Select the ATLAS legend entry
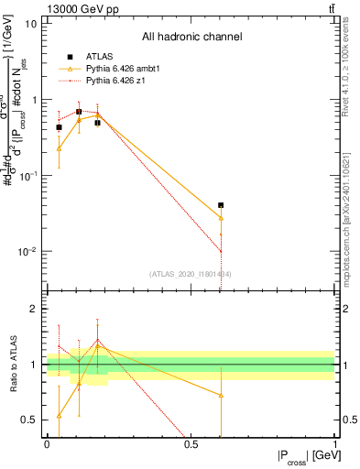click(x=89, y=57)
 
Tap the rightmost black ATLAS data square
click(x=221, y=205)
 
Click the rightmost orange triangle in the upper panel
click(x=221, y=217)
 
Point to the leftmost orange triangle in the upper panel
click(x=60, y=147)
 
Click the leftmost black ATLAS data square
click(x=60, y=127)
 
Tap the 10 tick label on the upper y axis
click(x=31, y=24)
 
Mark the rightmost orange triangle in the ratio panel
click(x=221, y=395)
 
